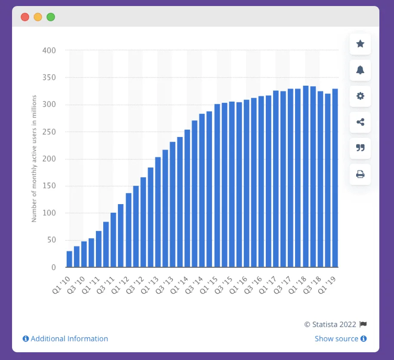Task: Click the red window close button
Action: point(25,17)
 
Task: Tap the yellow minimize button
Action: point(38,17)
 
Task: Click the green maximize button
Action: point(51,17)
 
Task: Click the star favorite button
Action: point(360,44)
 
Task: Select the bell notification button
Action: point(360,70)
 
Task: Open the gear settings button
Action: point(360,96)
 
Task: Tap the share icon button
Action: point(360,122)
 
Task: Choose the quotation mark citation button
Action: point(360,148)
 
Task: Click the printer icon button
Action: point(360,174)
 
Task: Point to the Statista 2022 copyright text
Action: point(330,325)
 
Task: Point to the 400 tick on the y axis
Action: point(49,51)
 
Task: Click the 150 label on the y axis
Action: point(49,186)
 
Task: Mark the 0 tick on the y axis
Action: point(53,267)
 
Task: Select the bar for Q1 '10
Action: point(69,259)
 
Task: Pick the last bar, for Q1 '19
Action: point(335,178)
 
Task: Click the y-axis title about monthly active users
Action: point(34,158)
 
